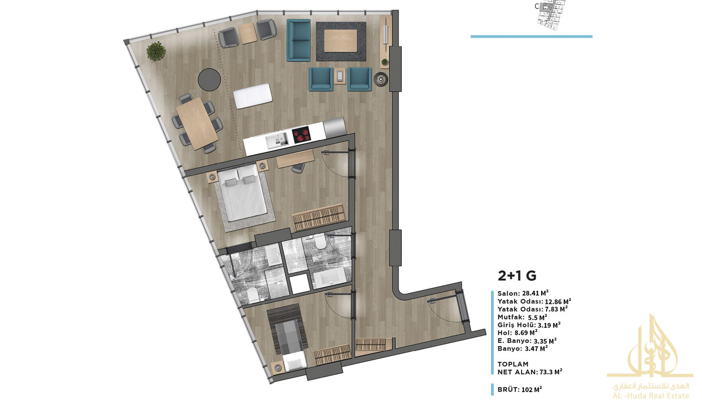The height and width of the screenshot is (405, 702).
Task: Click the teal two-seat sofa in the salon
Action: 299,40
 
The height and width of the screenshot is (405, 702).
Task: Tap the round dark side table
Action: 209,79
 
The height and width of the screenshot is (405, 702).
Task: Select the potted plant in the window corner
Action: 156,51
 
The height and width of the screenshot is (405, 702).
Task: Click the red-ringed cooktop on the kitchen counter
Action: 301,135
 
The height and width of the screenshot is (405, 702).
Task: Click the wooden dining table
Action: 197,124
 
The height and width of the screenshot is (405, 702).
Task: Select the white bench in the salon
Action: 253,96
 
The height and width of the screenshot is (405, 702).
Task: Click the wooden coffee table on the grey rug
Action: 340,40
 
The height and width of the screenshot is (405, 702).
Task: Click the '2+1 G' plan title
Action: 517,275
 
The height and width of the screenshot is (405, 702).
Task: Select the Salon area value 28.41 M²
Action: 535,293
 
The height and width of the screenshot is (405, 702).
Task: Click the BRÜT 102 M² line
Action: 519,389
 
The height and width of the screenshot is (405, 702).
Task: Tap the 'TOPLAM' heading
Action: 513,364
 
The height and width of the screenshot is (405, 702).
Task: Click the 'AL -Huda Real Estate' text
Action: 651,396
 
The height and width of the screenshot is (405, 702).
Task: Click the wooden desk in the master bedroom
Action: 295,159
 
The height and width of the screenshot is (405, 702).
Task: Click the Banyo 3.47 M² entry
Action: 522,348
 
